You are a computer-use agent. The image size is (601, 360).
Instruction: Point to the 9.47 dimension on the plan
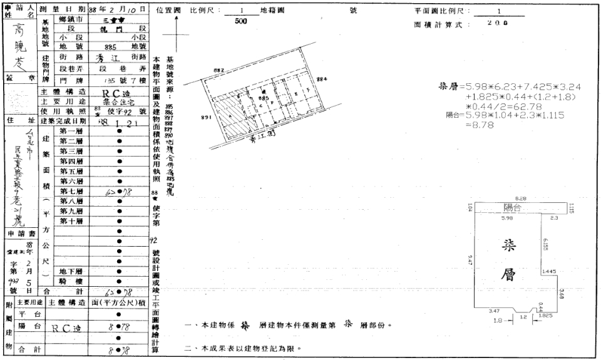coord(470,258)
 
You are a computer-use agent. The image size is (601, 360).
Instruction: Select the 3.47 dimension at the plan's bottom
coord(495,311)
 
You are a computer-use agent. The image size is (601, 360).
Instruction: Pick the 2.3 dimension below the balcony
coord(554,218)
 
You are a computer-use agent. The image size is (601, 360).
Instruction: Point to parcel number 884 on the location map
coord(322,80)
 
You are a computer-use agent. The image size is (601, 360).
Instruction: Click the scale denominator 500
coord(240,21)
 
